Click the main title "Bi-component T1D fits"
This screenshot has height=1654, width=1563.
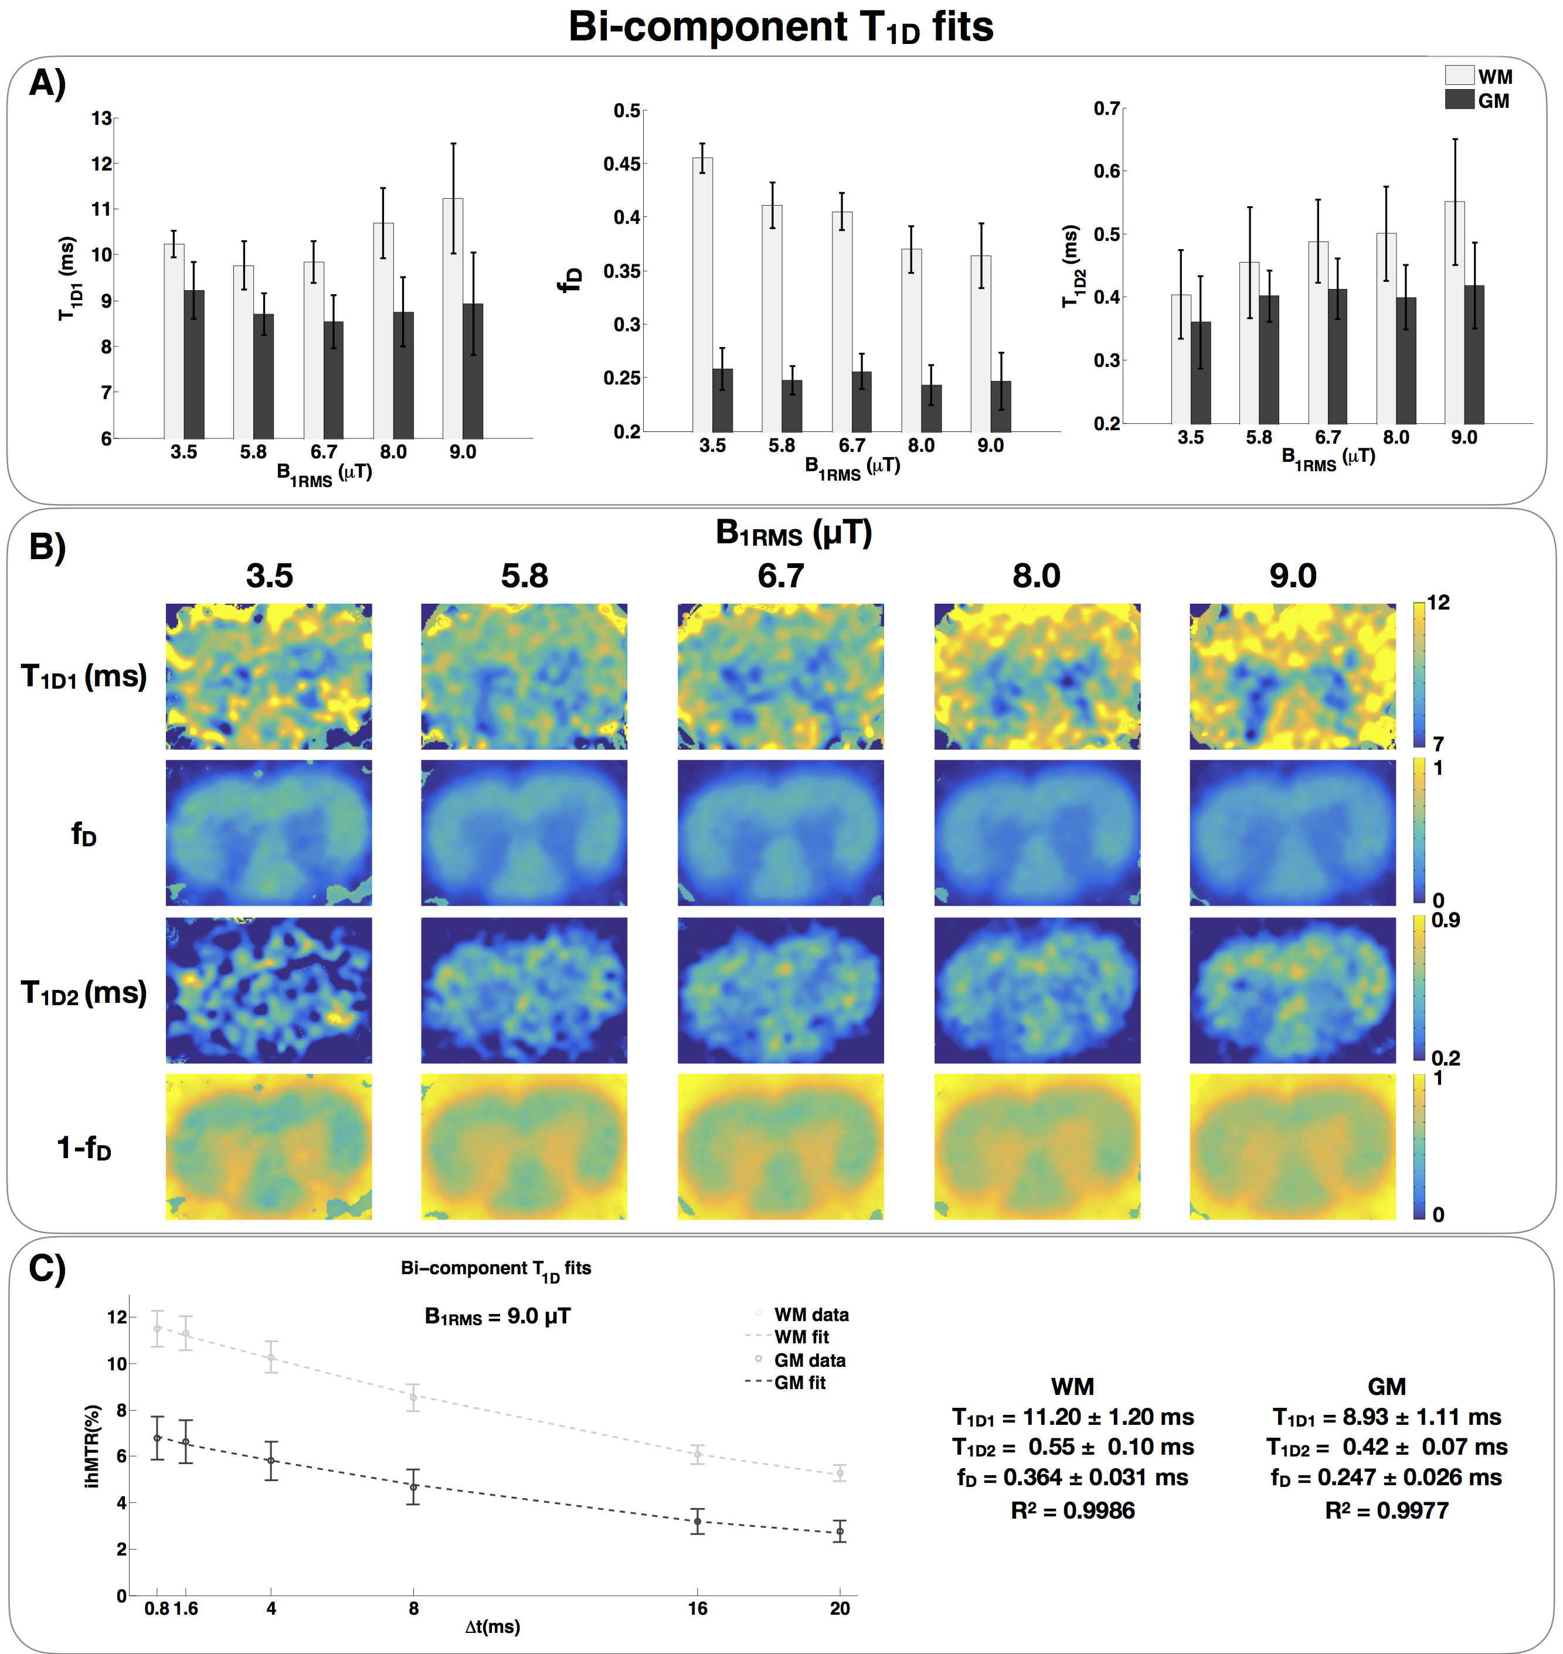point(781,26)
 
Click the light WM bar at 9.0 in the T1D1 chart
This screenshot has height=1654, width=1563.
point(453,317)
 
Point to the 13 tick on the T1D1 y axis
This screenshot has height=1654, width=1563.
point(101,118)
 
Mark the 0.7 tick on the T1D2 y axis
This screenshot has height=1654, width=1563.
point(1106,108)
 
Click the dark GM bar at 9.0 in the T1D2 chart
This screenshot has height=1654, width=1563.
point(1474,354)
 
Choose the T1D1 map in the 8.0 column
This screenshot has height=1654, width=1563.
point(1037,676)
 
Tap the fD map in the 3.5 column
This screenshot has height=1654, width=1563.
point(269,832)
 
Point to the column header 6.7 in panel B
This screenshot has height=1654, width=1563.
point(781,576)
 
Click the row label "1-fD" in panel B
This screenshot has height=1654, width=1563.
point(83,1148)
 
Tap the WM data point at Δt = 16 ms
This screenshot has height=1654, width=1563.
point(697,1455)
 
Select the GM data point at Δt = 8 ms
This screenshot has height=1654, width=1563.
point(413,1486)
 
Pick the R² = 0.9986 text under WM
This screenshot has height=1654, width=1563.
point(1072,1510)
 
